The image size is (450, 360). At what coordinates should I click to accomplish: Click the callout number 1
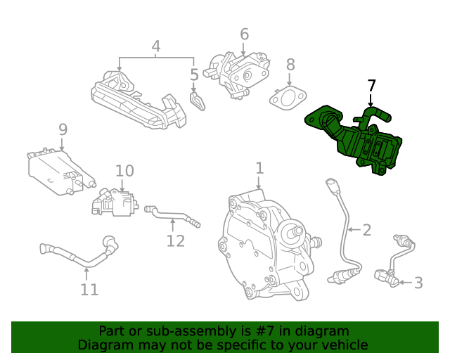point(259,168)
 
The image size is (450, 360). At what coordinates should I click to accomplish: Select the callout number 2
point(366,229)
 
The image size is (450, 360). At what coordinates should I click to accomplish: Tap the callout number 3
point(418,283)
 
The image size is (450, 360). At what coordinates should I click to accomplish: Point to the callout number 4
point(156,46)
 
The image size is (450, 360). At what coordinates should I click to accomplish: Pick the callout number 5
point(194,74)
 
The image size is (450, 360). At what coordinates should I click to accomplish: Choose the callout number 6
point(244,34)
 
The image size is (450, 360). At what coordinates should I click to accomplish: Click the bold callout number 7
point(372,86)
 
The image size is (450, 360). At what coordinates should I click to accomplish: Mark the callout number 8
point(290,65)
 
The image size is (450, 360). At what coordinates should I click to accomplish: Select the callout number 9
point(63,129)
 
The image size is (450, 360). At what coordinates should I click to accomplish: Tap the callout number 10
point(124,170)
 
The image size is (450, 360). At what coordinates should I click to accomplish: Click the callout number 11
point(89,289)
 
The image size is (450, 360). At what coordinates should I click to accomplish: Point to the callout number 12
point(175,240)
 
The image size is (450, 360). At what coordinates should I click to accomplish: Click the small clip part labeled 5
point(198,101)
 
